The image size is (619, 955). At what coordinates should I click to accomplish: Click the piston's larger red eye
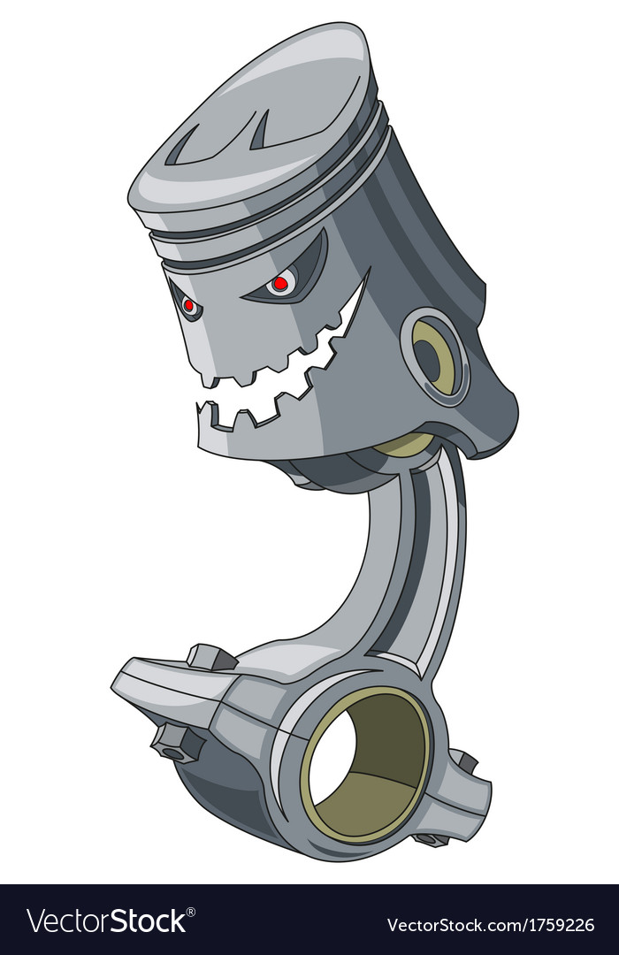tap(279, 284)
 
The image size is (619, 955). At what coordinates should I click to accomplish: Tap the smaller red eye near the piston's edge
tap(188, 306)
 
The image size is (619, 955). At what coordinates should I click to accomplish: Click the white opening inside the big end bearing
tap(333, 760)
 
